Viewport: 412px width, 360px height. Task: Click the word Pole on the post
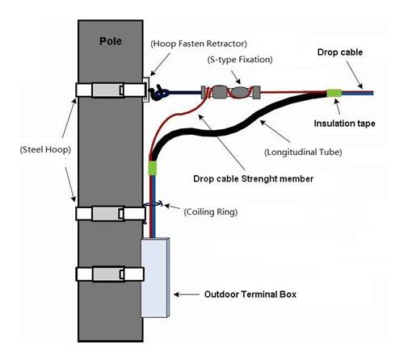point(111,41)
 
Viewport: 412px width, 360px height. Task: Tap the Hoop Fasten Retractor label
point(199,44)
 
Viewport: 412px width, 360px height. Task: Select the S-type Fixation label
point(240,60)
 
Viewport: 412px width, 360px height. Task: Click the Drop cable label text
point(340,52)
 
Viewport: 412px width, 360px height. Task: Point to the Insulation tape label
point(344,123)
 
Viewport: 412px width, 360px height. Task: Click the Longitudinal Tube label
point(303,153)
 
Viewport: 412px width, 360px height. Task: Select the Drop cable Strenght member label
point(253,178)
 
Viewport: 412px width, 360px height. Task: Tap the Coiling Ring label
point(211,211)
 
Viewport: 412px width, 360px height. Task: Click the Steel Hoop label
point(45,149)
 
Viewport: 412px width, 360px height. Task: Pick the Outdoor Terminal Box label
point(250,295)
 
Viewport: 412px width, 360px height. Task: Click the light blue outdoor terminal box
point(155,278)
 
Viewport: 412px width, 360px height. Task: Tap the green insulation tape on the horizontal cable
point(334,93)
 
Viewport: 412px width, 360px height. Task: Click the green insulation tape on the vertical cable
point(153,168)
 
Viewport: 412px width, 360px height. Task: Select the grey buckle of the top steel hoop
point(108,90)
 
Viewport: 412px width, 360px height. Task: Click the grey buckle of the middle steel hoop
point(108,214)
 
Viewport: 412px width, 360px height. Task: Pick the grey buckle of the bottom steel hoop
point(108,274)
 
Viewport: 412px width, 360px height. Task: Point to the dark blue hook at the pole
point(159,92)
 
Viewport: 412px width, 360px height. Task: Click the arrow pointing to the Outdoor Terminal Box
point(187,295)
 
